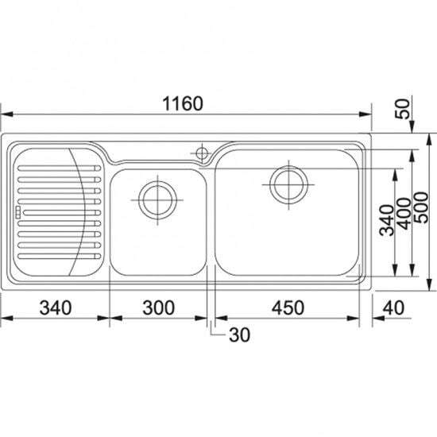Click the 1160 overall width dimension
click(x=183, y=103)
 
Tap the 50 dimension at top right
click(x=404, y=109)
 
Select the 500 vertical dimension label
click(x=421, y=207)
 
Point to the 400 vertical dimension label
click(x=404, y=214)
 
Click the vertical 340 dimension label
click(x=387, y=220)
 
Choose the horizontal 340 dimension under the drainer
click(x=56, y=308)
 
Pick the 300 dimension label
click(x=159, y=308)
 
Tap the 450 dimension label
click(x=288, y=308)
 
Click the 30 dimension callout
click(x=239, y=335)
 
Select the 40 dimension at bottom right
click(x=393, y=308)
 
